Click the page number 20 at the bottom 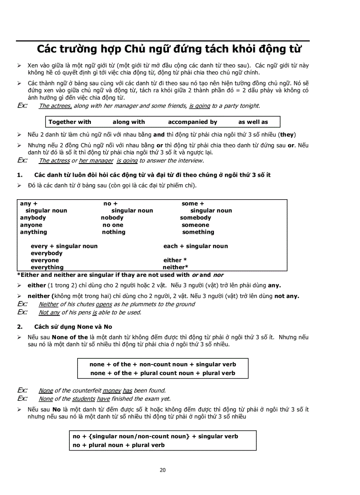(x=162, y=470)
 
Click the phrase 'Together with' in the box (x=70, y=122)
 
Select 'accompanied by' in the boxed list (x=192, y=122)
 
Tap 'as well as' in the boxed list (x=253, y=122)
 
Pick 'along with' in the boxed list (x=128, y=122)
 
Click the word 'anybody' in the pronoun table (x=33, y=218)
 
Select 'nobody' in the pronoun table (x=112, y=218)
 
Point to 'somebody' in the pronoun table (x=195, y=218)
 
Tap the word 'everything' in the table (x=47, y=267)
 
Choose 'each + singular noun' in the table (x=195, y=246)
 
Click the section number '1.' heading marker (x=20, y=175)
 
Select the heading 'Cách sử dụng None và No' (x=73, y=327)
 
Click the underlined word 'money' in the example (x=112, y=391)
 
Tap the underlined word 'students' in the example (x=83, y=399)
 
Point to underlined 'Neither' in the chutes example (x=49, y=304)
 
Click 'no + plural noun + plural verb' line (x=119, y=445)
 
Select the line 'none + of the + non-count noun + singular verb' (x=162, y=365)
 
